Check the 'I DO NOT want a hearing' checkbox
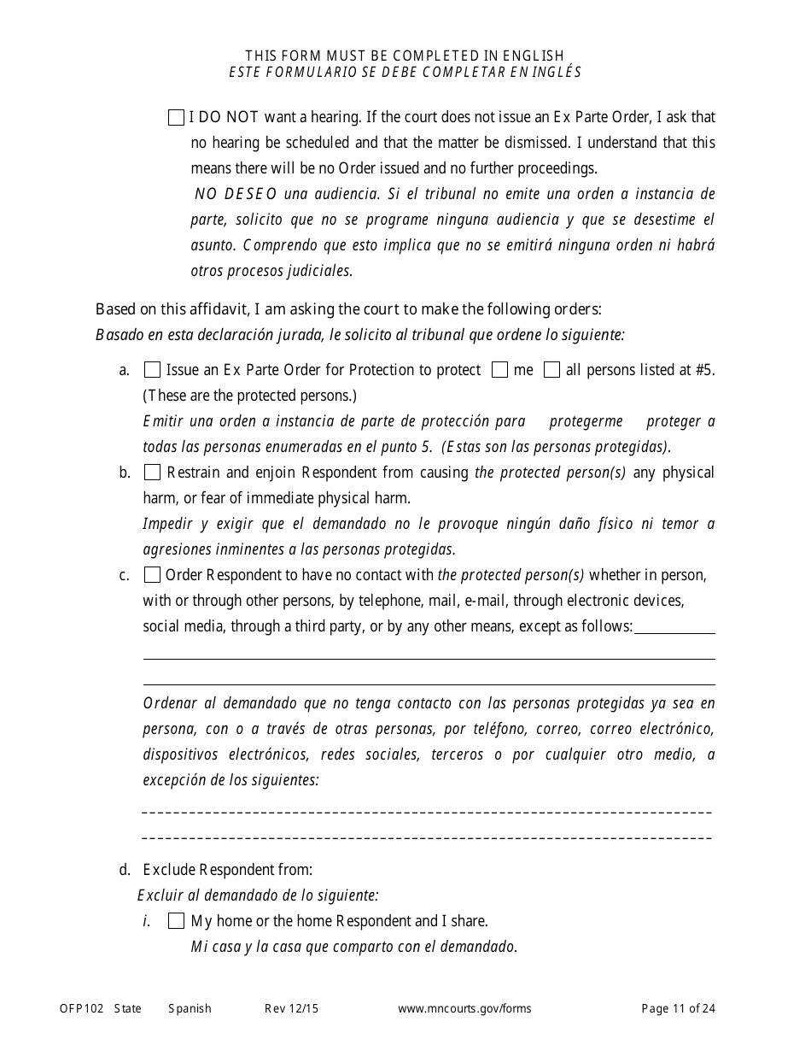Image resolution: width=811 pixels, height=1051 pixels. tap(176, 118)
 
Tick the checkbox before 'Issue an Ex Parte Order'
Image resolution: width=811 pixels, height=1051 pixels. tap(152, 370)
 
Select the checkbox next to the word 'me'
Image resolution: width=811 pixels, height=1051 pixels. tap(501, 370)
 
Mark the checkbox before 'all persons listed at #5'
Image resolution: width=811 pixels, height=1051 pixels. tap(552, 370)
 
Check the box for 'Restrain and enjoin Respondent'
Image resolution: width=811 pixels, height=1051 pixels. tap(152, 473)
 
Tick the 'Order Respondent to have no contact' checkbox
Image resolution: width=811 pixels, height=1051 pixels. tap(152, 575)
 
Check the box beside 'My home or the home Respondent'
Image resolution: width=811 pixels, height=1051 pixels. tap(176, 921)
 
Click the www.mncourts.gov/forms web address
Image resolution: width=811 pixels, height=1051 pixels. tap(464, 1008)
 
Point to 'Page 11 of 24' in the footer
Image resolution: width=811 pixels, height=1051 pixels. tap(678, 1008)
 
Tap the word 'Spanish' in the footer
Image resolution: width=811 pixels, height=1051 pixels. tap(190, 1008)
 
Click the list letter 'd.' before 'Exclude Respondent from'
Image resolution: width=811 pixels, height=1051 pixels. tap(125, 870)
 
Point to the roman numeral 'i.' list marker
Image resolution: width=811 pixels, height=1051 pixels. tap(147, 921)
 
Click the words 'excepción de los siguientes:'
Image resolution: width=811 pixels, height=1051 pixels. tap(230, 780)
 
